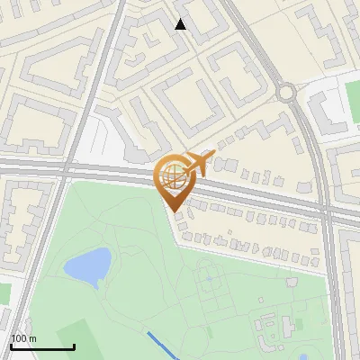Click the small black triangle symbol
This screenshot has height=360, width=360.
coord(181,24)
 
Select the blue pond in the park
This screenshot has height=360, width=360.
coord(88,265)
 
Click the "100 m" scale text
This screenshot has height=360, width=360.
coord(24,338)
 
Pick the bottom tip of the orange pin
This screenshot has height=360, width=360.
coord(172,211)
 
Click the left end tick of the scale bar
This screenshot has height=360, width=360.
coord(12,346)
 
